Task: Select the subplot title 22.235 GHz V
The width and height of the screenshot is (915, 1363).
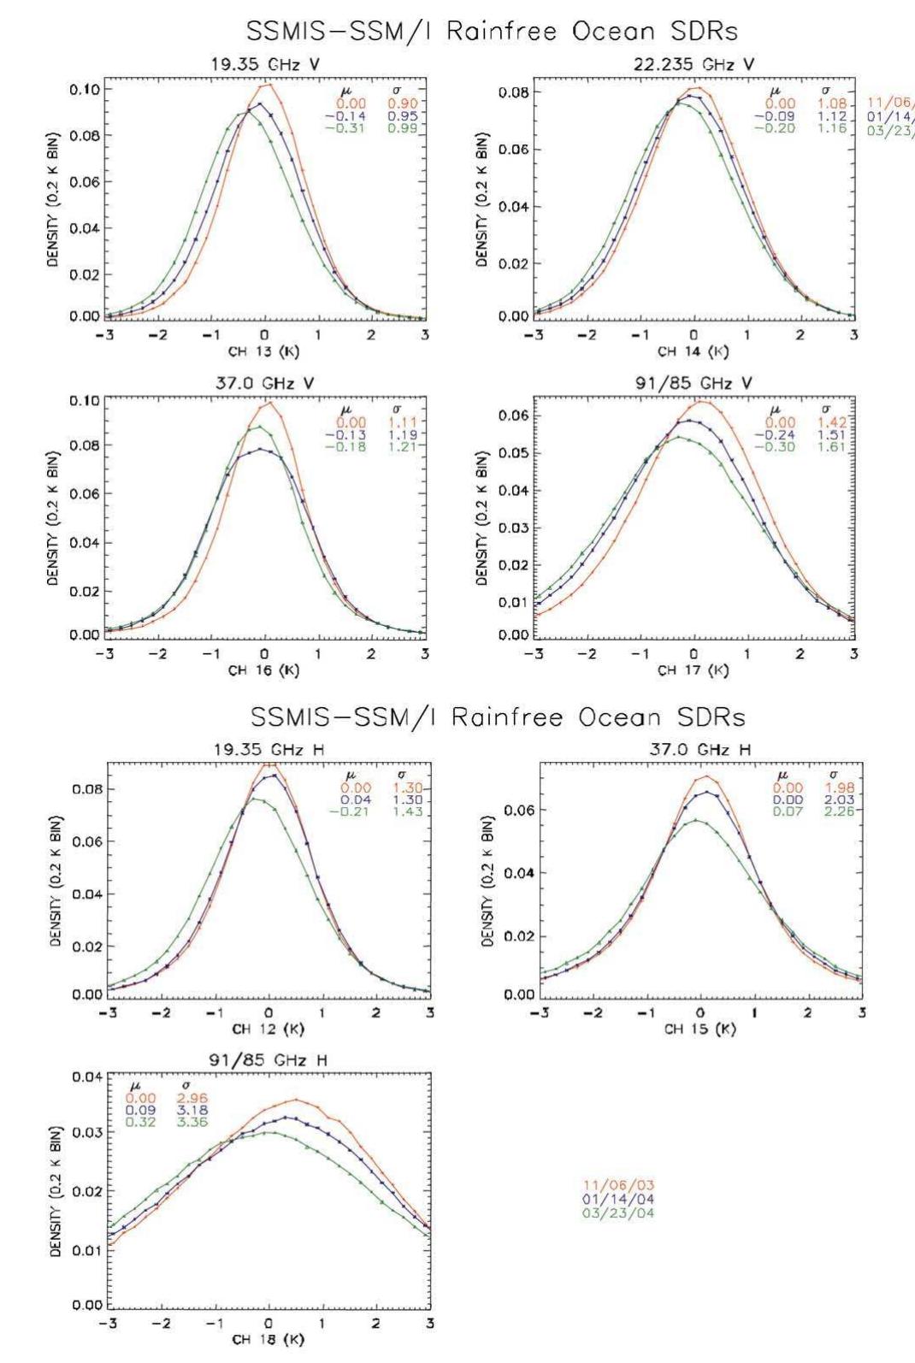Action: [x=694, y=62]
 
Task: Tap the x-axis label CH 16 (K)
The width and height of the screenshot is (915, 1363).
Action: [x=263, y=670]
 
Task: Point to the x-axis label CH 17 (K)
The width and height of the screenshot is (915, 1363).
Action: [x=693, y=670]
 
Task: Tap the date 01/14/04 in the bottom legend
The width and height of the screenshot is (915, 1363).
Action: [x=618, y=1199]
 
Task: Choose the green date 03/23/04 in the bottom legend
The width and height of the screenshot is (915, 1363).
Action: [x=618, y=1212]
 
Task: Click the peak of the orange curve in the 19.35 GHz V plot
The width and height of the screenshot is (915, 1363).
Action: [x=268, y=84]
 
